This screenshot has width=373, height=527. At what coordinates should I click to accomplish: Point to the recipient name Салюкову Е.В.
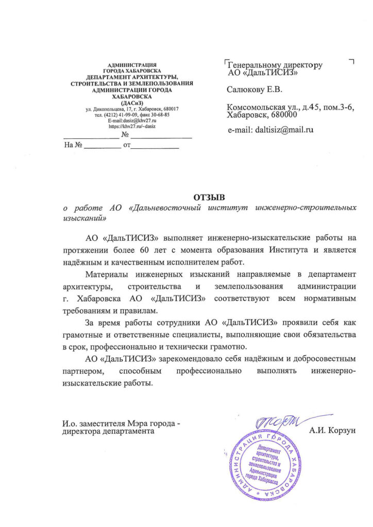(255, 91)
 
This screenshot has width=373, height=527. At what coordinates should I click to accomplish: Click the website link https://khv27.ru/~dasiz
(132, 126)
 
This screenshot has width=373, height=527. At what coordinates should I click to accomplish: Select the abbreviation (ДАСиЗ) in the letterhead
(132, 102)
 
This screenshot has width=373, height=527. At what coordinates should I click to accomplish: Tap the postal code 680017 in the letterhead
(168, 109)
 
